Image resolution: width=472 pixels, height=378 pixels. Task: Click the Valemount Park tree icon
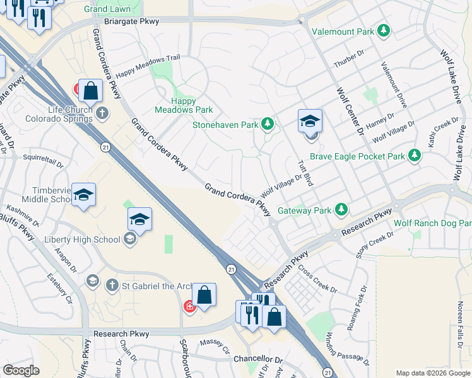point(383,31)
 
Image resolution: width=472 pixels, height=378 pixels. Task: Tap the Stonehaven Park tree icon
point(268,124)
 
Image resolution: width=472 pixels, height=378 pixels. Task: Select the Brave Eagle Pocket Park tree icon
point(414,155)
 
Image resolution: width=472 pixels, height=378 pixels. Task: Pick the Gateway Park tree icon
point(341,210)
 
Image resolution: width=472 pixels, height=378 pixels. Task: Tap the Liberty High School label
point(82,239)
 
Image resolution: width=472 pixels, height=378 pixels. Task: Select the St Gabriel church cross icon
point(112,285)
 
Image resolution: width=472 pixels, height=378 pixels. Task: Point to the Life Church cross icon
point(103,113)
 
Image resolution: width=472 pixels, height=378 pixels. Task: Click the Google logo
point(21,370)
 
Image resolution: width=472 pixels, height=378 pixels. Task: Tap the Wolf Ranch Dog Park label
point(433,223)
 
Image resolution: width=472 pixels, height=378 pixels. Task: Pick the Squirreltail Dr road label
point(43,160)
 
